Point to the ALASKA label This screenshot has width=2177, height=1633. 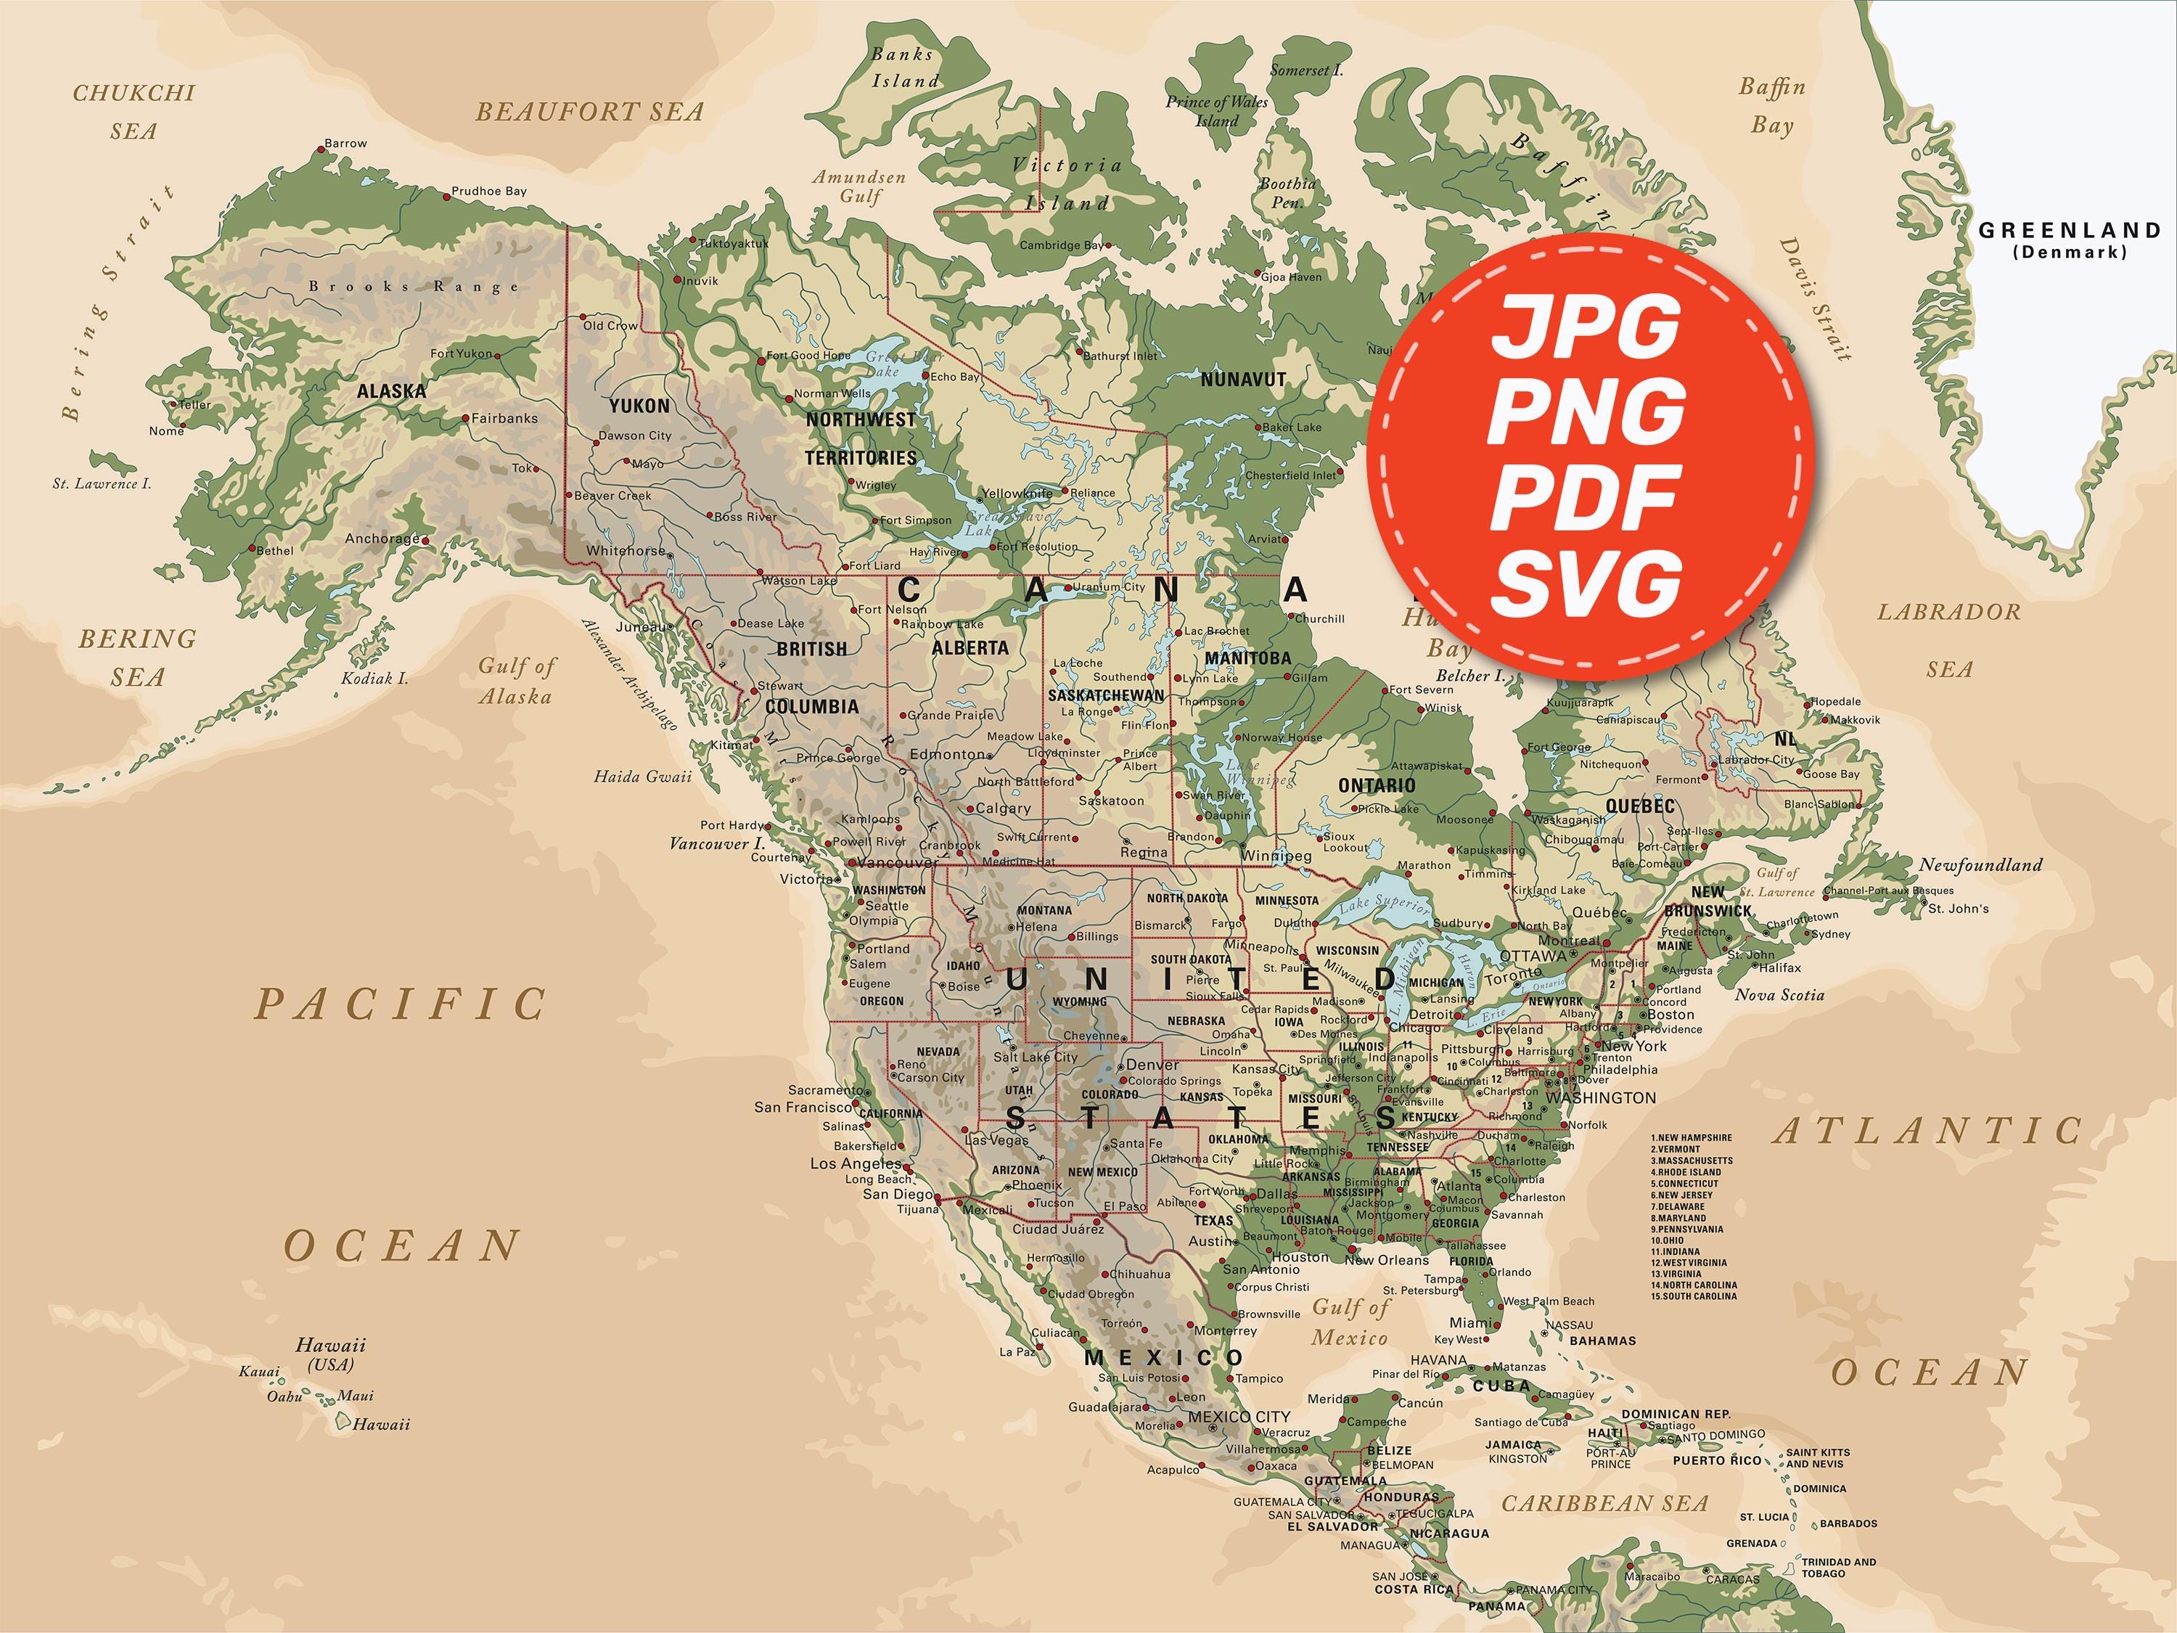392,390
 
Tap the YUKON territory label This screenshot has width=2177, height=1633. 639,406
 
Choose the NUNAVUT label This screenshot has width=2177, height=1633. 1243,379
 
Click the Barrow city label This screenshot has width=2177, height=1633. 345,144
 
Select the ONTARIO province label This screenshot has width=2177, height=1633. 1377,785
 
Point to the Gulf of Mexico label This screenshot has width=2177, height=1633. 1350,1322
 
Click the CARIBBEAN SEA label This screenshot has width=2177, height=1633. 1604,1503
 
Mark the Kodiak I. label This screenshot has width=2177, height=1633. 374,678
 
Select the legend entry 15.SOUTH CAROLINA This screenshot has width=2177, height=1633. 1694,1296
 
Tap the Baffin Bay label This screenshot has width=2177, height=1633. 1771,105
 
